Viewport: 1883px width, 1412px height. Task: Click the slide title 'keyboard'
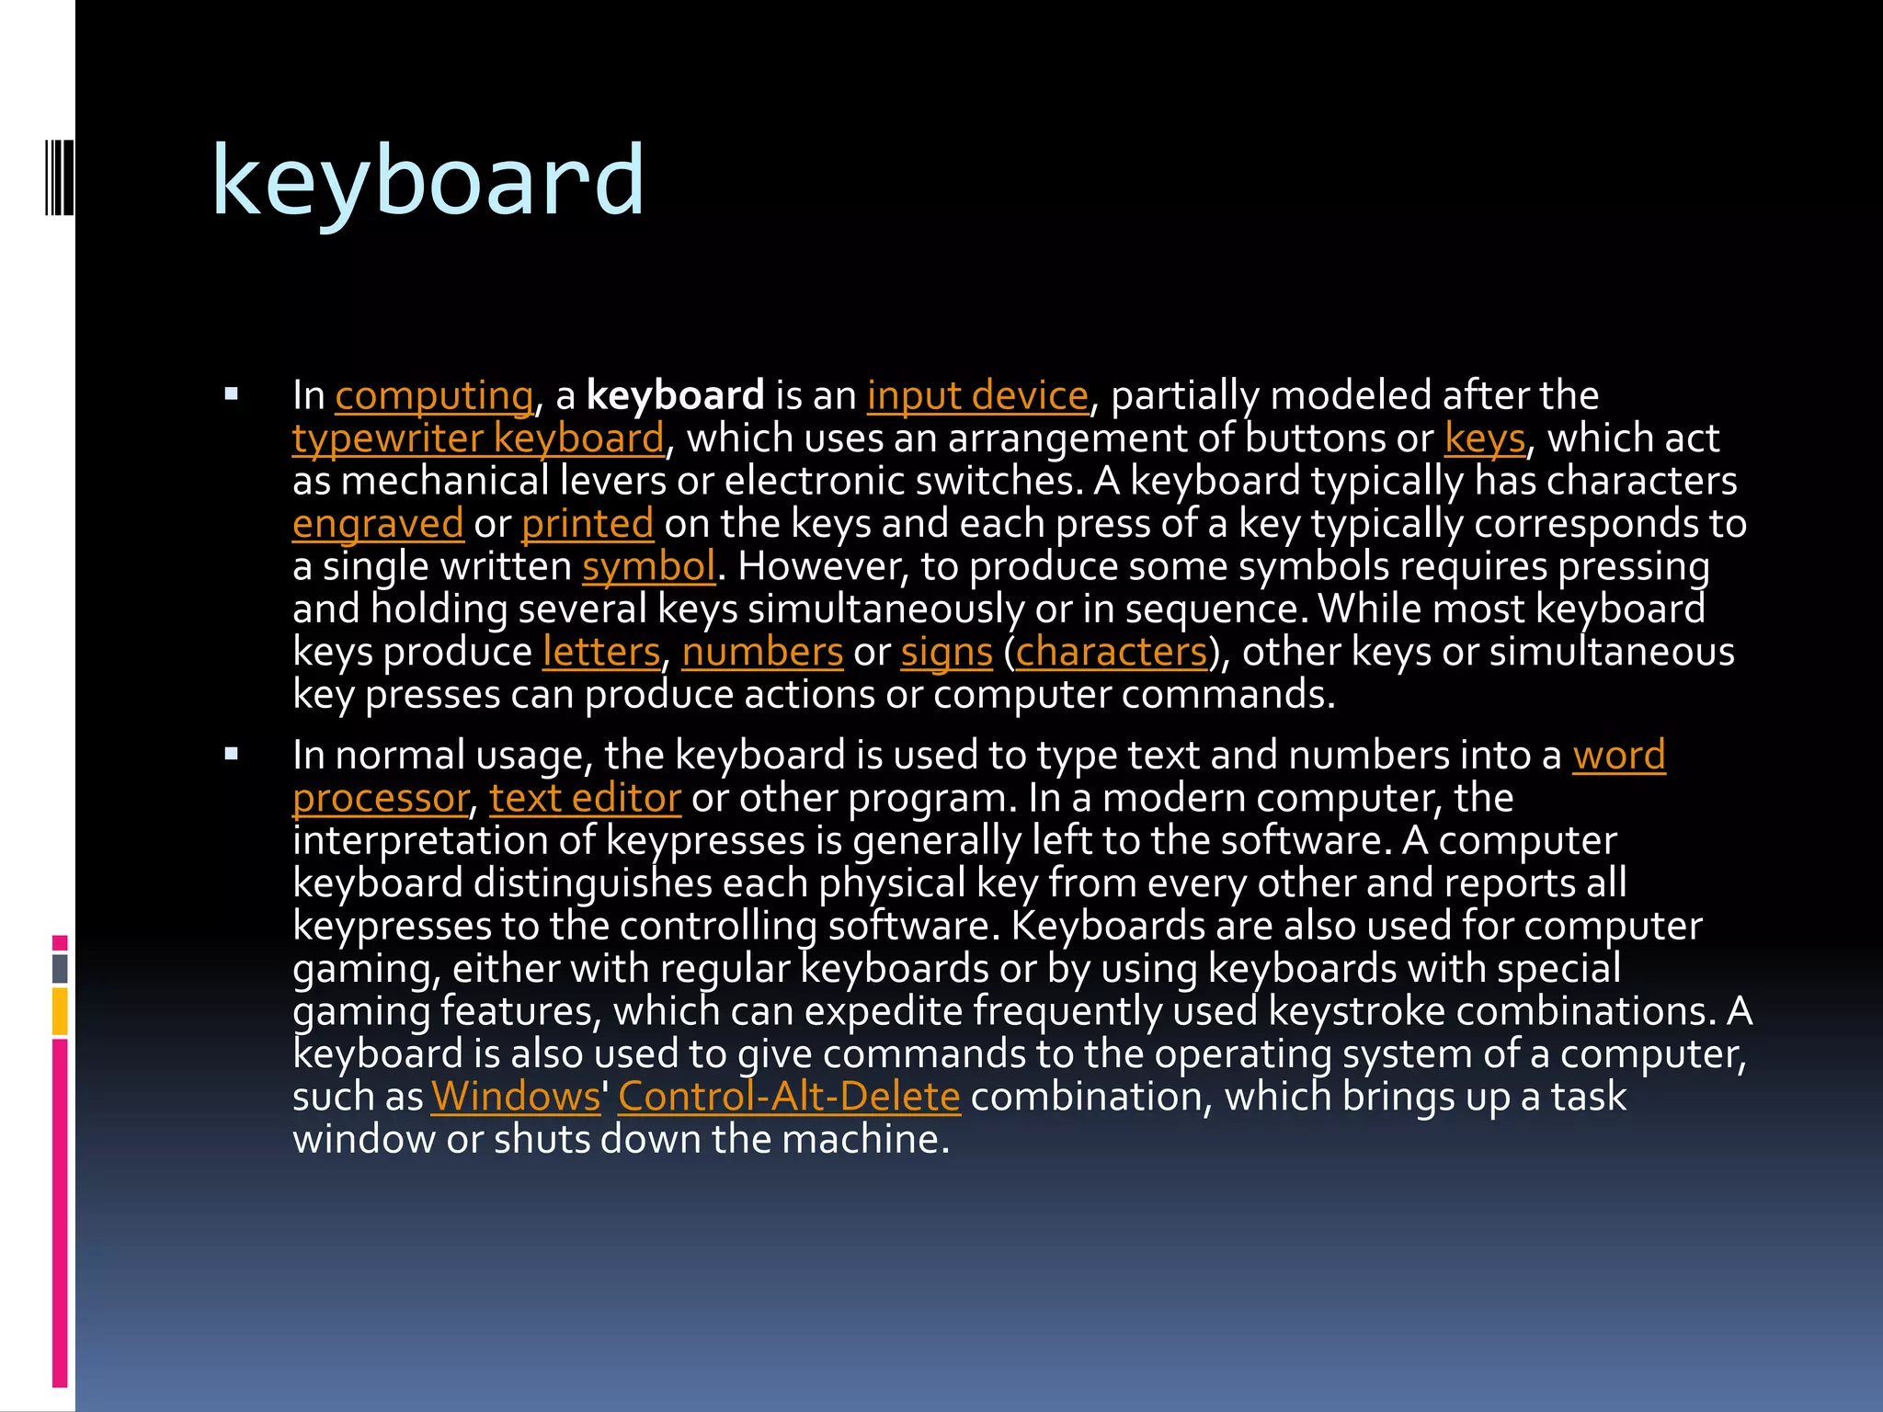click(428, 182)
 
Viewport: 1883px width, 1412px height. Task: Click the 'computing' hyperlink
click(433, 396)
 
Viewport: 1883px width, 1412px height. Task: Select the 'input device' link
click(977, 396)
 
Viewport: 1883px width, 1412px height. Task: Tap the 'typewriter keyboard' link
click(478, 438)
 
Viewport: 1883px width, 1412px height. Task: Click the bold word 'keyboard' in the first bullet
click(675, 396)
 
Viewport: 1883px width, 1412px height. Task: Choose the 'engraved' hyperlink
click(378, 524)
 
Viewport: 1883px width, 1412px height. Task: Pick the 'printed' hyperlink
click(588, 524)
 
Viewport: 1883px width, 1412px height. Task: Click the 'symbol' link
click(648, 566)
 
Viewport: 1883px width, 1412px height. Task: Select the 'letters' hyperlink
click(601, 652)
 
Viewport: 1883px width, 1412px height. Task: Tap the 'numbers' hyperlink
click(762, 652)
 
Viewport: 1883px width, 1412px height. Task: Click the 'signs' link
click(946, 652)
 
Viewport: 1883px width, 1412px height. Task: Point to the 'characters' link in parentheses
click(1111, 652)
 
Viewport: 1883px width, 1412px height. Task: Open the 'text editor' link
click(585, 798)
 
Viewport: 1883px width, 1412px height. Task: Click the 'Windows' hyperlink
click(515, 1097)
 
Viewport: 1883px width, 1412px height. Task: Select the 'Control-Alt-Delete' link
click(789, 1097)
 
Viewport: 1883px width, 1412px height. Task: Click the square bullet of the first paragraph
click(231, 395)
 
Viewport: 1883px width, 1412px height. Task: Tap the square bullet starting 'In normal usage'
click(231, 755)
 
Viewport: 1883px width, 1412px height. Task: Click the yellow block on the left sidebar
click(60, 1011)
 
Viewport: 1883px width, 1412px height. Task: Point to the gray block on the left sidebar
click(60, 968)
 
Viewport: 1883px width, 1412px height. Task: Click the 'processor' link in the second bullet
click(381, 798)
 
